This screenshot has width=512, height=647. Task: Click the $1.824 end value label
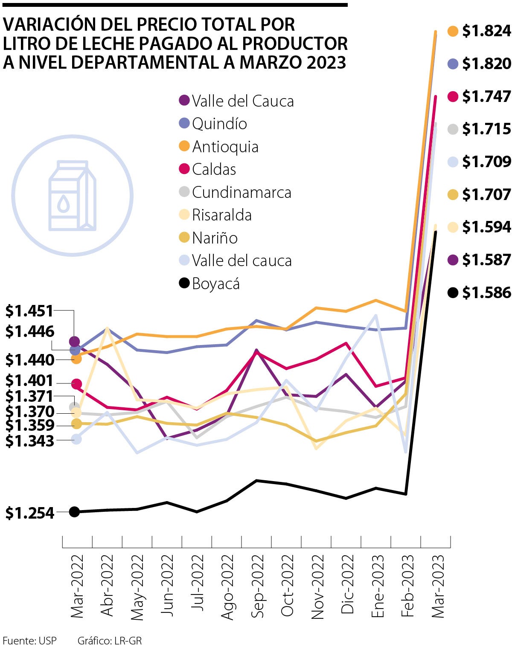pos(486,31)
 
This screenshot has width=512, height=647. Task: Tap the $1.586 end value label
pos(486,293)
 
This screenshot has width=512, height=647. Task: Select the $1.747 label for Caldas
pos(486,96)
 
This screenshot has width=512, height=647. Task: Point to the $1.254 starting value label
pos(30,513)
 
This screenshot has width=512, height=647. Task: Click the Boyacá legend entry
pos(215,284)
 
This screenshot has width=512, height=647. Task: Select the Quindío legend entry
pos(219,124)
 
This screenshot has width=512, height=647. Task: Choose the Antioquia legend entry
pos(225,147)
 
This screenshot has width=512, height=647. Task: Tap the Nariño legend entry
pos(214,238)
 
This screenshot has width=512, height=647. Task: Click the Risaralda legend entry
pos(221,215)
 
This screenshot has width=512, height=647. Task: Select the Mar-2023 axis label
pos(438,586)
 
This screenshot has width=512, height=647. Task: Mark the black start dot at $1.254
pos(74,512)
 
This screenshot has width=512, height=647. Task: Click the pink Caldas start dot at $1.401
pos(76,384)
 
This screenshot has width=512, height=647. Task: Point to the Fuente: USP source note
pos(29,641)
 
